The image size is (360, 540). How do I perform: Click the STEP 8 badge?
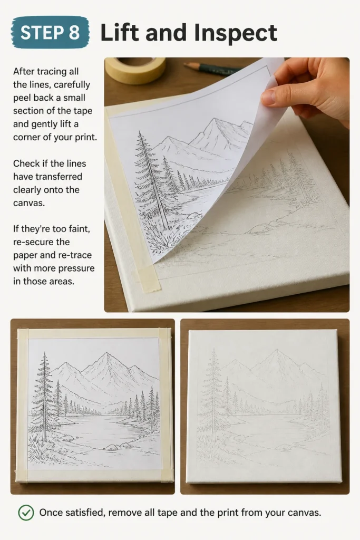(x=50, y=33)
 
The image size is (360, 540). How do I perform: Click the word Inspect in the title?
(x=236, y=33)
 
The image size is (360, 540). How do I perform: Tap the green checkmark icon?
(x=26, y=513)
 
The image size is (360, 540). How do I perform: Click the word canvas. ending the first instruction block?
(x=29, y=203)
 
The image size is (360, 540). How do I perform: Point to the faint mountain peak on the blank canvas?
(x=277, y=351)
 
